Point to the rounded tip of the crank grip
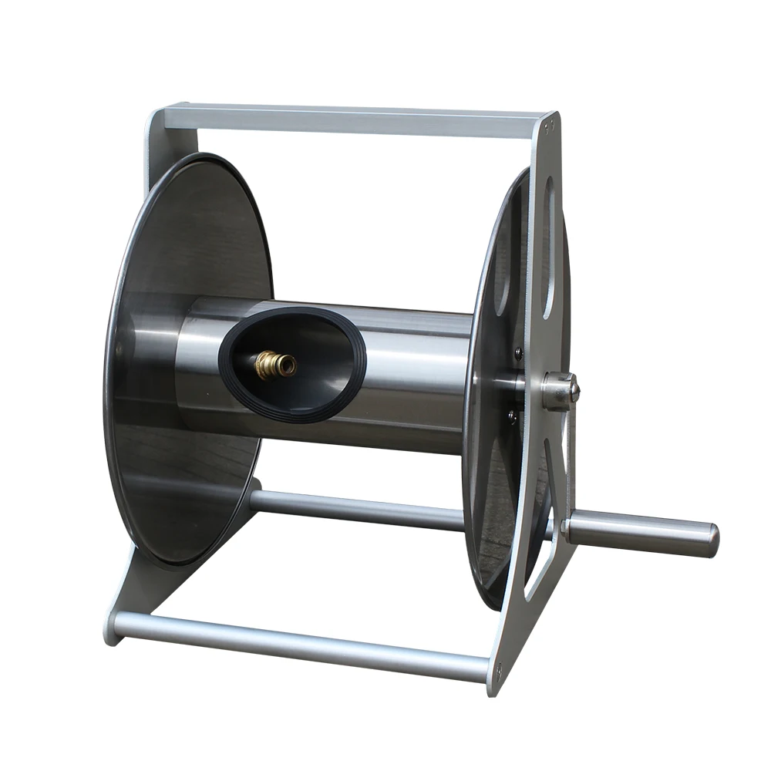[712, 540]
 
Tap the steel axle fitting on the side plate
[558, 390]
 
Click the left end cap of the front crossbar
[113, 626]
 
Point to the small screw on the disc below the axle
[511, 416]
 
